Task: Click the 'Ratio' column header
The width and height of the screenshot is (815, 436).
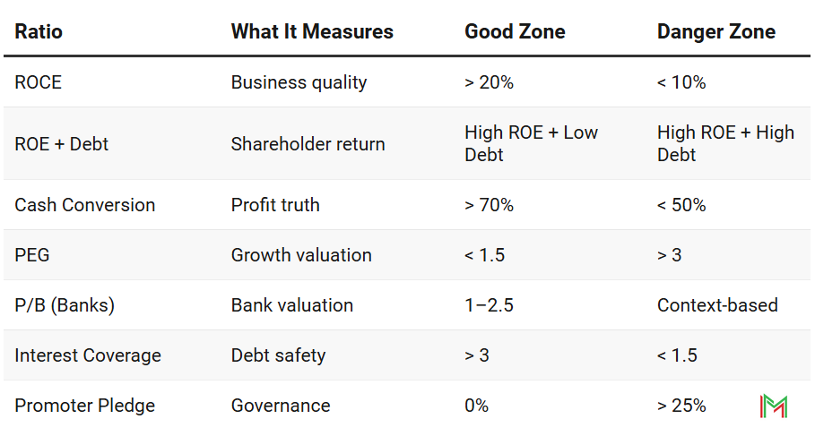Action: pyautogui.click(x=39, y=31)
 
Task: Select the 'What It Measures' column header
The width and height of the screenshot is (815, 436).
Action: pyautogui.click(x=312, y=31)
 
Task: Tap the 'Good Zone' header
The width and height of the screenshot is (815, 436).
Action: pyautogui.click(x=515, y=31)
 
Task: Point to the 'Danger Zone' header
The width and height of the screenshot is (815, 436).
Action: pyautogui.click(x=716, y=31)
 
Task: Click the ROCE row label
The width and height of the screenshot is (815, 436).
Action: pyautogui.click(x=39, y=82)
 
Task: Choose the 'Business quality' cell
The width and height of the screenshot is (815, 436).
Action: pyautogui.click(x=299, y=82)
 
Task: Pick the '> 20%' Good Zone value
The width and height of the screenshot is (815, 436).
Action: pyautogui.click(x=489, y=82)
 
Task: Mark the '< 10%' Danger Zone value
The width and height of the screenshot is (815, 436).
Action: pyautogui.click(x=681, y=82)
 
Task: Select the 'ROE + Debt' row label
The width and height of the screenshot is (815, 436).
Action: pyautogui.click(x=61, y=144)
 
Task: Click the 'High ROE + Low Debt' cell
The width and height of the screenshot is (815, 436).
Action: pyautogui.click(x=531, y=143)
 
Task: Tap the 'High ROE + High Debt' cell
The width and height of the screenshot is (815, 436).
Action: pyautogui.click(x=725, y=143)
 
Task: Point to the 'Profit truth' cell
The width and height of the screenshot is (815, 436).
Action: pyautogui.click(x=275, y=205)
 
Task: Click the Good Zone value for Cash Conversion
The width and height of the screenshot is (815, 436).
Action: pyautogui.click(x=489, y=205)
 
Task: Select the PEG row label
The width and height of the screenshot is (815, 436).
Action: pyautogui.click(x=32, y=255)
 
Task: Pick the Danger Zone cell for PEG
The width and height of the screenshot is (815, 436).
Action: pyautogui.click(x=669, y=255)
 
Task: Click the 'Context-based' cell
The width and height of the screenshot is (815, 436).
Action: pyautogui.click(x=717, y=305)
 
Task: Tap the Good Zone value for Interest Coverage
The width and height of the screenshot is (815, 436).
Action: pyautogui.click(x=476, y=355)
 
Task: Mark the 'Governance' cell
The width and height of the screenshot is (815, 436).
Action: pyautogui.click(x=281, y=406)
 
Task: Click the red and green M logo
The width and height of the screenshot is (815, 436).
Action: pyautogui.click(x=773, y=406)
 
